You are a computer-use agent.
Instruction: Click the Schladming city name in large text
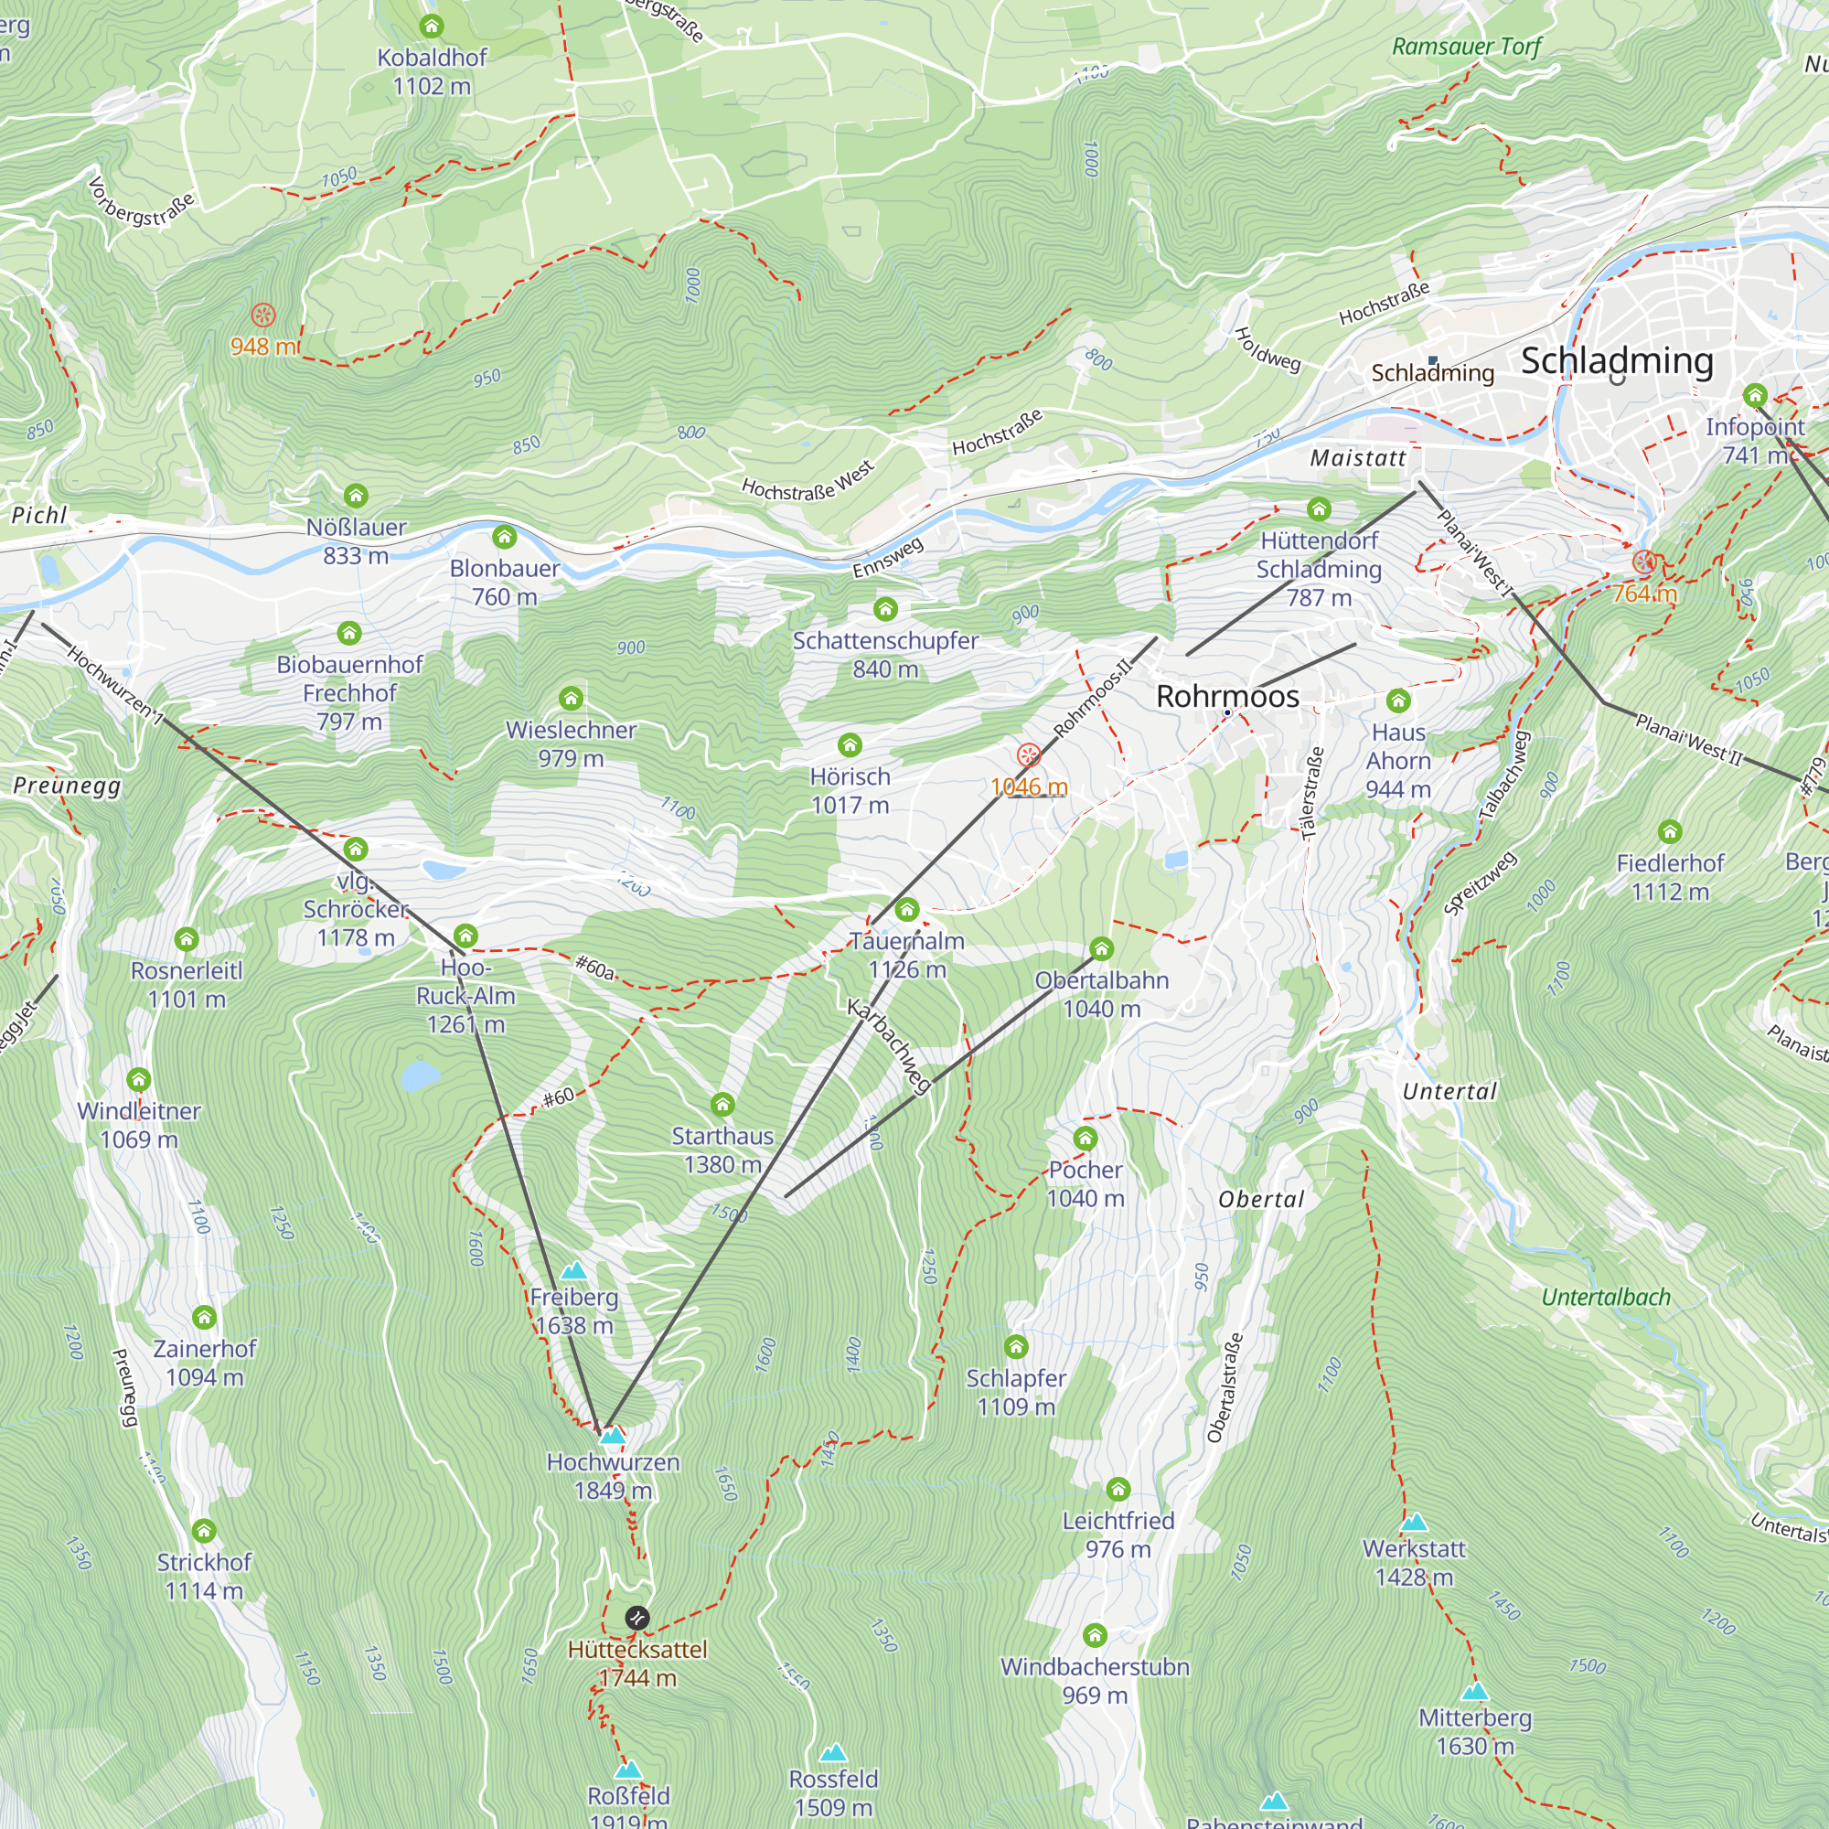pyautogui.click(x=1617, y=360)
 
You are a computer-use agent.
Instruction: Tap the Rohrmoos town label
pyautogui.click(x=1227, y=697)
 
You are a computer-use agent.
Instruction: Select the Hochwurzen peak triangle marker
pyautogui.click(x=614, y=1436)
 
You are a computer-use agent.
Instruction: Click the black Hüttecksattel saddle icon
pyautogui.click(x=637, y=1618)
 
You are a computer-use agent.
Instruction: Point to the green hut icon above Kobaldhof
pyautogui.click(x=432, y=26)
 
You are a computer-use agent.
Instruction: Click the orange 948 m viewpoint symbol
pyautogui.click(x=263, y=316)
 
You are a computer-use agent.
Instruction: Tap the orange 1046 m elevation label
pyautogui.click(x=1029, y=786)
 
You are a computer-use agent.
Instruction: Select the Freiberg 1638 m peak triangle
pyautogui.click(x=573, y=1271)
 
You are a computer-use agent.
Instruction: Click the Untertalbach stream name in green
pyautogui.click(x=1606, y=1297)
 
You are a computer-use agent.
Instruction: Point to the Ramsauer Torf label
pyautogui.click(x=1467, y=47)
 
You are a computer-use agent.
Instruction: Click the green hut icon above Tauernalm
pyautogui.click(x=907, y=910)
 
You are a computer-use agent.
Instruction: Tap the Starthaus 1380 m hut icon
pyautogui.click(x=722, y=1105)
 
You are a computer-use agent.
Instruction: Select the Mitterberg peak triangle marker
pyautogui.click(x=1474, y=1692)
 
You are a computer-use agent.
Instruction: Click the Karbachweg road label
pyautogui.click(x=889, y=1047)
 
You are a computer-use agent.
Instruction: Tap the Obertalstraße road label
pyautogui.click(x=1225, y=1389)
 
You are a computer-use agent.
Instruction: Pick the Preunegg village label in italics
pyautogui.click(x=67, y=786)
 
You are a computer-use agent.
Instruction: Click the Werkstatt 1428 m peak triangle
pyautogui.click(x=1414, y=1523)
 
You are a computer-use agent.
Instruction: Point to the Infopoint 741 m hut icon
pyautogui.click(x=1754, y=396)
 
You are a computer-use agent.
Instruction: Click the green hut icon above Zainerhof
pyautogui.click(x=205, y=1317)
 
